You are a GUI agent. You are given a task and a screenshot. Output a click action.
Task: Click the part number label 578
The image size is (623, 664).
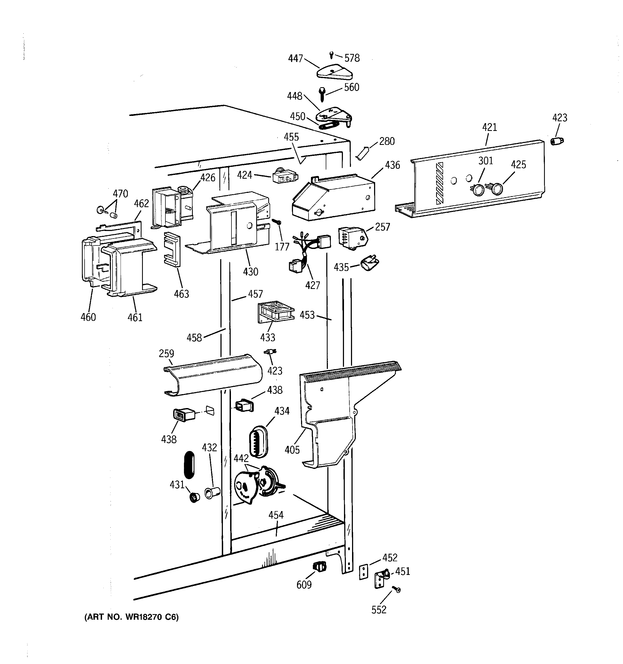[x=352, y=58]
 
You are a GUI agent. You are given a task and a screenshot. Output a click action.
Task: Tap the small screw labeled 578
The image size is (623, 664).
[x=331, y=54]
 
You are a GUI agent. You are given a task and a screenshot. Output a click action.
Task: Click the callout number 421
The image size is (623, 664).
[x=489, y=127]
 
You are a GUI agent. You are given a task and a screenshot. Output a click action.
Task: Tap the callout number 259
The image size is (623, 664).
[x=166, y=353]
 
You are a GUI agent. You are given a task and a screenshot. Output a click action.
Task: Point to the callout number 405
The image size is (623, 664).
[x=292, y=450]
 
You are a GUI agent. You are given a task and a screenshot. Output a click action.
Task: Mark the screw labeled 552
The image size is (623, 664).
[x=397, y=590]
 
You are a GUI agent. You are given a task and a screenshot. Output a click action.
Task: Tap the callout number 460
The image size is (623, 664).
[x=88, y=317]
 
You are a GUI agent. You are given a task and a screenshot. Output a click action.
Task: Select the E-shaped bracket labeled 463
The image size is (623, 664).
[x=172, y=250]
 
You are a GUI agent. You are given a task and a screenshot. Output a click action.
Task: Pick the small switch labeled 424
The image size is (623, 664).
[x=285, y=177]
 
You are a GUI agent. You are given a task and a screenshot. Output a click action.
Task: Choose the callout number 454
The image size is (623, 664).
[x=276, y=515]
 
